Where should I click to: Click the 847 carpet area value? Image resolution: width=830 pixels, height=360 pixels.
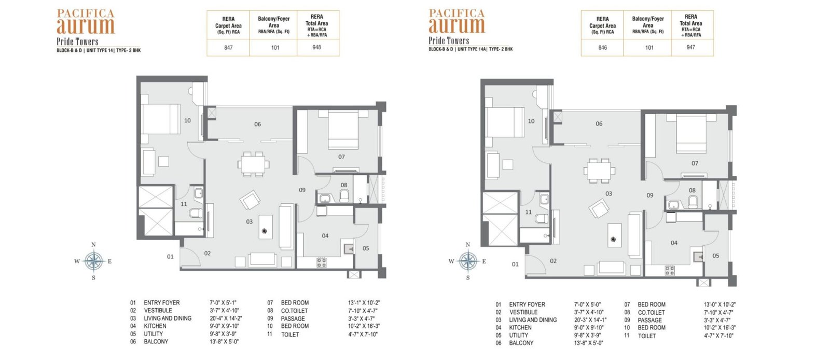[x=228, y=47]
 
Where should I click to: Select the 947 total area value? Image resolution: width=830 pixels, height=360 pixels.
[x=690, y=47]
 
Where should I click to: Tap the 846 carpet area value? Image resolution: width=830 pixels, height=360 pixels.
[x=602, y=47]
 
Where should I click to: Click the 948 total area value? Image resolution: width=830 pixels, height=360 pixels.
[x=316, y=47]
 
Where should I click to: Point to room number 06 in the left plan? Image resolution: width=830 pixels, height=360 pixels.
[x=257, y=124]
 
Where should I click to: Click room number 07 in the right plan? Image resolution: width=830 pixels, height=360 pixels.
[x=695, y=163]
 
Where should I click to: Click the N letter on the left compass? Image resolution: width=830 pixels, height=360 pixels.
[x=93, y=245]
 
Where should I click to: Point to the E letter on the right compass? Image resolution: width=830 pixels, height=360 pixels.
[x=484, y=261]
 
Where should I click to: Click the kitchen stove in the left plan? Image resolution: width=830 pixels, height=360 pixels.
[x=321, y=262]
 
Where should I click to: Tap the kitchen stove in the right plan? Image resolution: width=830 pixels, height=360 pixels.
[x=670, y=270]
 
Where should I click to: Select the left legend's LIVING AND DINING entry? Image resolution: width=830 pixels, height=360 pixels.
[x=168, y=318]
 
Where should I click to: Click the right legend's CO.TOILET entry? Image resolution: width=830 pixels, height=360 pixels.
[x=651, y=313]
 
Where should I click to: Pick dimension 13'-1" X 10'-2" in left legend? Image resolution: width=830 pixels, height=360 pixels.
[x=364, y=302]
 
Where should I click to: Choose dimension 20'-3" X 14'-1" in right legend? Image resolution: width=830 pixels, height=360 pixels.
[x=590, y=320]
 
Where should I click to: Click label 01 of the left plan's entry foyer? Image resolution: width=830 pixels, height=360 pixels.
[x=170, y=257]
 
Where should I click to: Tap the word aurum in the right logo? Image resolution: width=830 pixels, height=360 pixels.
[x=457, y=25]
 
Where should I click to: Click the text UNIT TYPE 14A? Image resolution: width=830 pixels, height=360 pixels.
[x=471, y=49]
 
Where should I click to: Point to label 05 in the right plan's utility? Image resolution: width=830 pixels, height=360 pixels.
[x=715, y=256]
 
